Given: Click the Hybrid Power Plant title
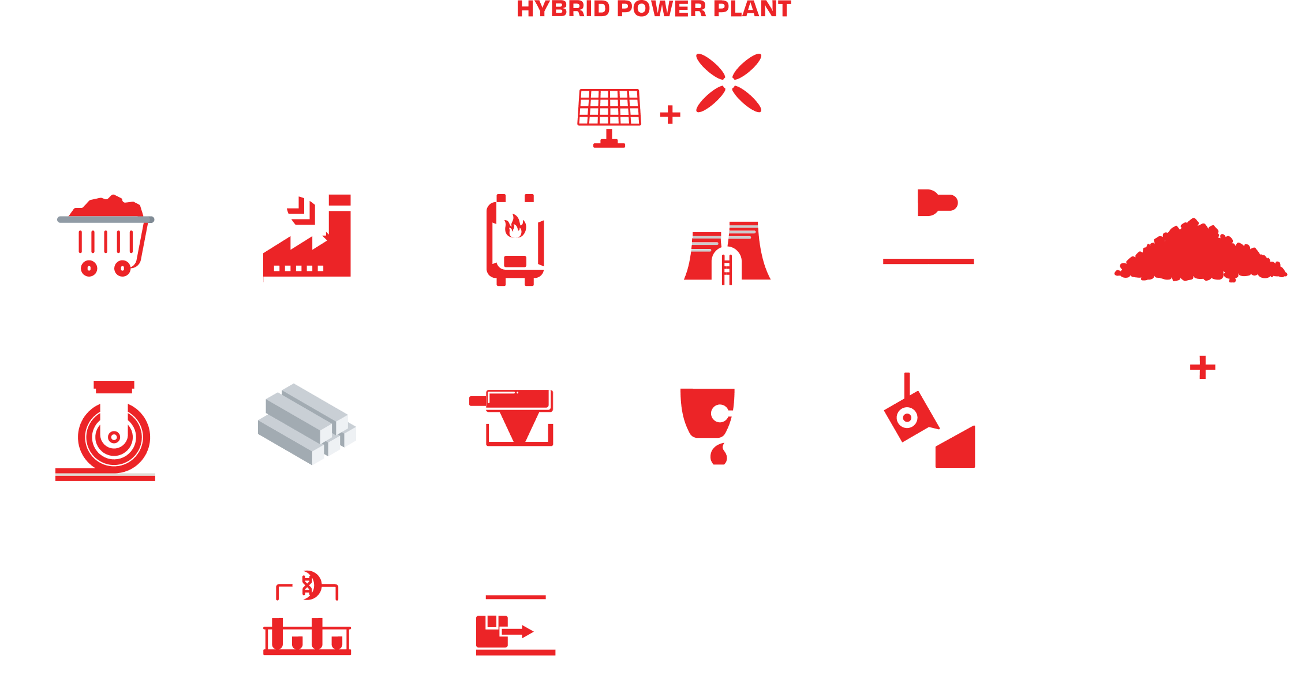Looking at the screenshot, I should [654, 9].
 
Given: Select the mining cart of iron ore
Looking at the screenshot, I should [106, 237].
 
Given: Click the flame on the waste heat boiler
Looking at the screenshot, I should [514, 226].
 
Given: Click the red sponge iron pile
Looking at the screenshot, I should [1200, 251].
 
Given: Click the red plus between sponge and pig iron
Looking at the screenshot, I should [1202, 367].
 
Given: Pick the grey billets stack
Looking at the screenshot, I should [307, 424].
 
